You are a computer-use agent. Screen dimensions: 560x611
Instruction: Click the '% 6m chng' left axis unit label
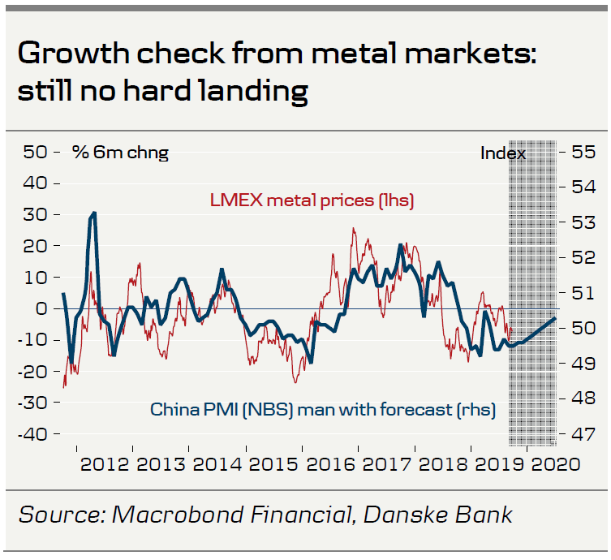pos(120,152)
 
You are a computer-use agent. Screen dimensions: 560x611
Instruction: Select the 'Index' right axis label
pos(503,153)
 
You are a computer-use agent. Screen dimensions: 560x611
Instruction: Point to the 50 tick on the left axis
pos(35,152)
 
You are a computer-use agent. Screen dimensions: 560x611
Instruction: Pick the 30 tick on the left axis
pos(35,214)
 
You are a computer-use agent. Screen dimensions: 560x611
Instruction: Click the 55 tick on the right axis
pos(584,152)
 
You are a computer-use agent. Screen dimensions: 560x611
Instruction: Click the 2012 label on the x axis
pos(105,464)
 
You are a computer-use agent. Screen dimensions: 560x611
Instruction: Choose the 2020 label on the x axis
pos(556,464)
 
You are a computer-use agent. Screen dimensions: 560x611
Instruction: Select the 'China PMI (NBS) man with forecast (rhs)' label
pos(323,409)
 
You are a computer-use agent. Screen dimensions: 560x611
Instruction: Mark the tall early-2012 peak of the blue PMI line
pos(94,213)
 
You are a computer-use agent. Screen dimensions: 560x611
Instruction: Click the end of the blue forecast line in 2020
pos(555,319)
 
